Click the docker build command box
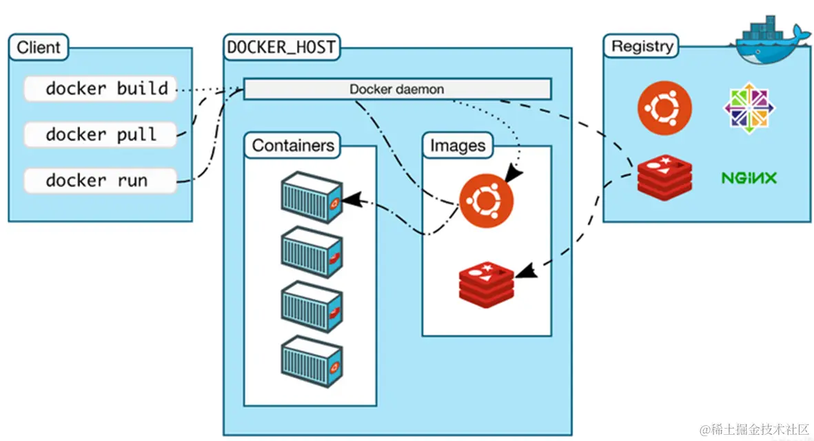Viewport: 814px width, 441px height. tap(100, 89)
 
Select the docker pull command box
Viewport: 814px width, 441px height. tap(100, 135)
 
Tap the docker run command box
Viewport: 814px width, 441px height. tap(100, 181)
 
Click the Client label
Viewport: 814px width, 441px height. tap(39, 48)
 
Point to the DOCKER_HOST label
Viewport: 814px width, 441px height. tap(281, 48)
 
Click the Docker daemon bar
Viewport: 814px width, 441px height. tap(397, 89)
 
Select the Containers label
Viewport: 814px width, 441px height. tap(293, 146)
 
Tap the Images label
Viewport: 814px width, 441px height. tap(458, 146)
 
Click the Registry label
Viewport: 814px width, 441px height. tap(642, 47)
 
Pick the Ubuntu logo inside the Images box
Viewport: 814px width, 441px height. tap(486, 201)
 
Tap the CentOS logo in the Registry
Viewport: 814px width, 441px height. tap(749, 108)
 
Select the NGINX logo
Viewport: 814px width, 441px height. tap(749, 178)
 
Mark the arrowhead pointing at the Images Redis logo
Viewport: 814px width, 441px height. tap(525, 271)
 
